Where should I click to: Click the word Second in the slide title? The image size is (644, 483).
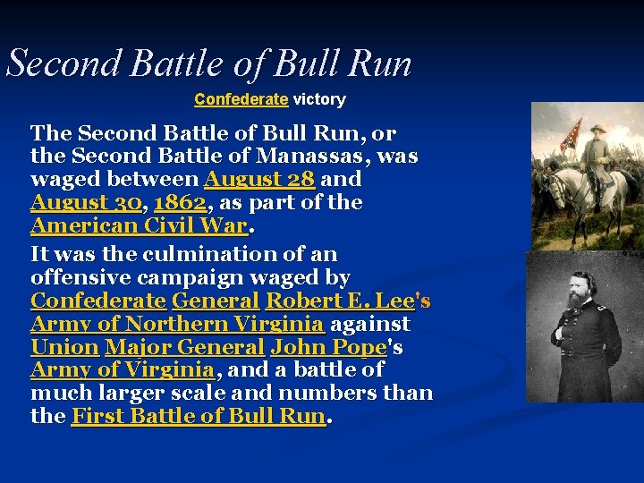coord(64,64)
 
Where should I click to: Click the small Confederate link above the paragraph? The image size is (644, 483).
coord(241,99)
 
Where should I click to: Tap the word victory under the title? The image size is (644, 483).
coord(319,99)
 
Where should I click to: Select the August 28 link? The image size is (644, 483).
coord(259,179)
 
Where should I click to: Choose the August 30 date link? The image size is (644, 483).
coord(86,202)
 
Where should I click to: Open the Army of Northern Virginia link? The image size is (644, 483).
coord(176,324)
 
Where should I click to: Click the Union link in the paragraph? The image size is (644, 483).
coord(64,347)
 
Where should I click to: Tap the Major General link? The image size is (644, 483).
coord(183,347)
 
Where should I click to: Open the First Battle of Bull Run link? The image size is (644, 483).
coord(198,416)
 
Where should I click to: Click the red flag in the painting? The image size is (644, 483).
coord(569,133)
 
